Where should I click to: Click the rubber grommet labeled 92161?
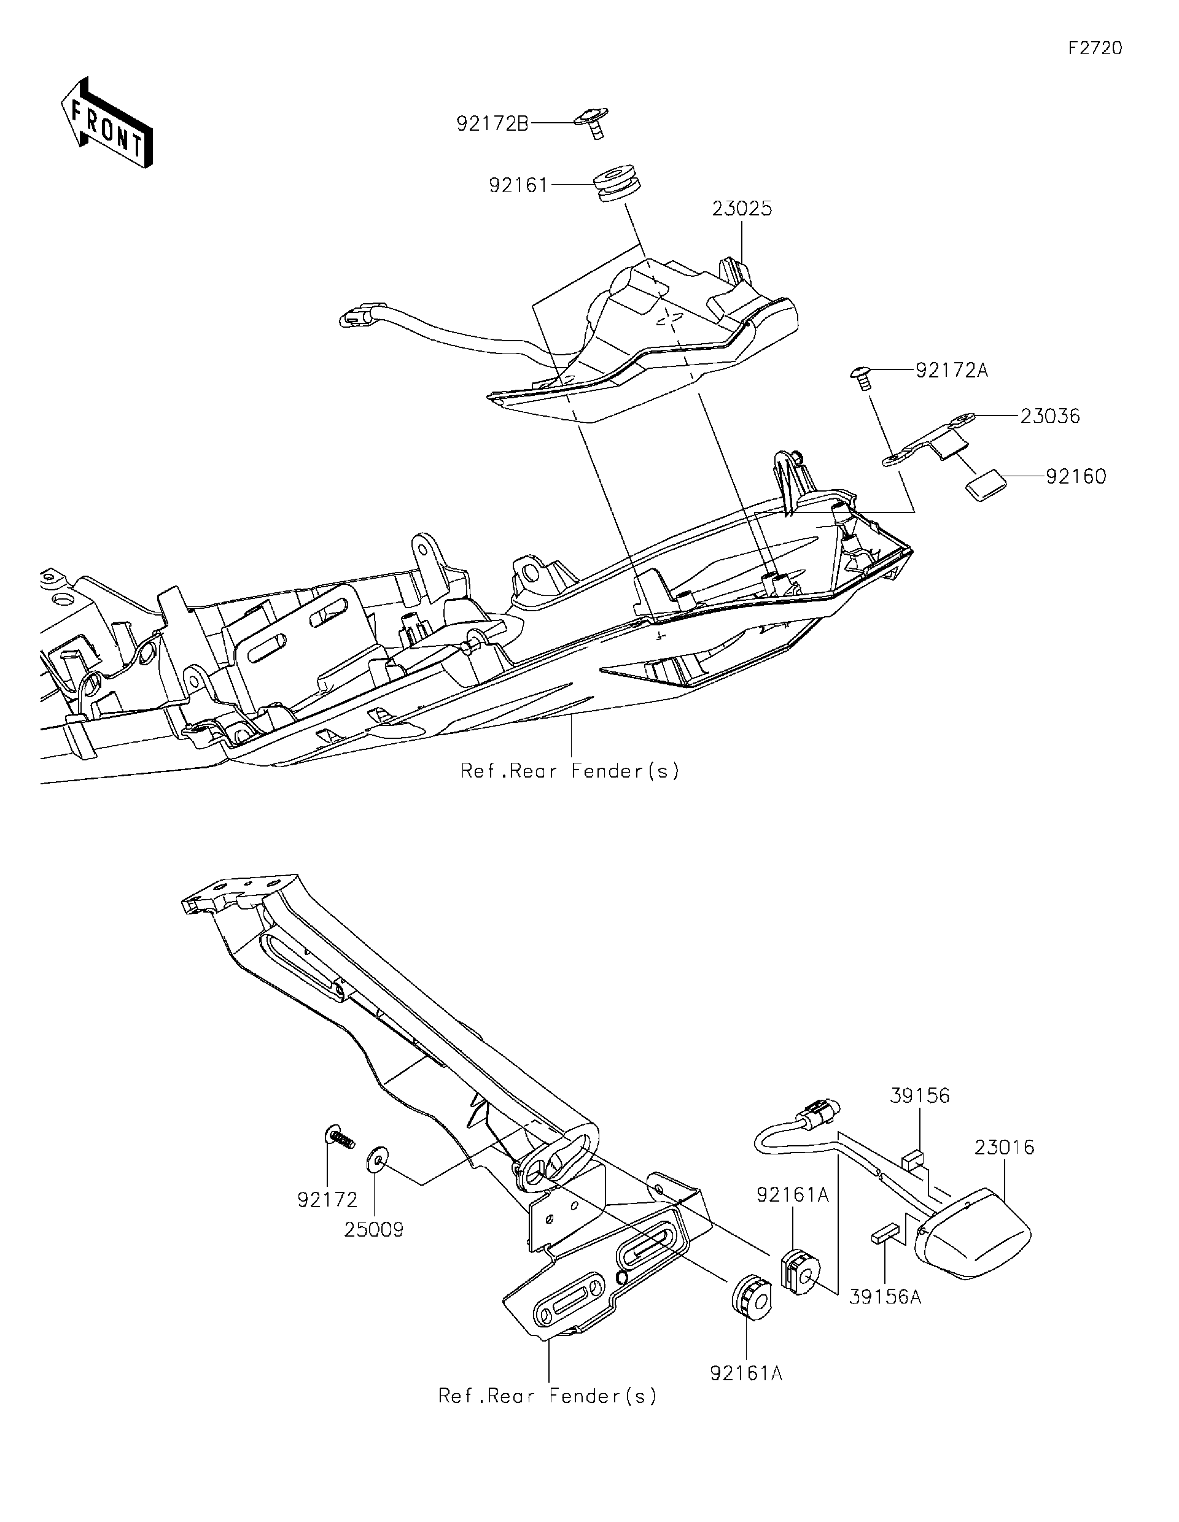618,183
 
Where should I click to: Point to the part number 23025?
742,209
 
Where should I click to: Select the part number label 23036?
1050,416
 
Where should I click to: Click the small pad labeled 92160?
984,484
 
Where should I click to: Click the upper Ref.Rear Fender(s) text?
569,771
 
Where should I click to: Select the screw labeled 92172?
340,1138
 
